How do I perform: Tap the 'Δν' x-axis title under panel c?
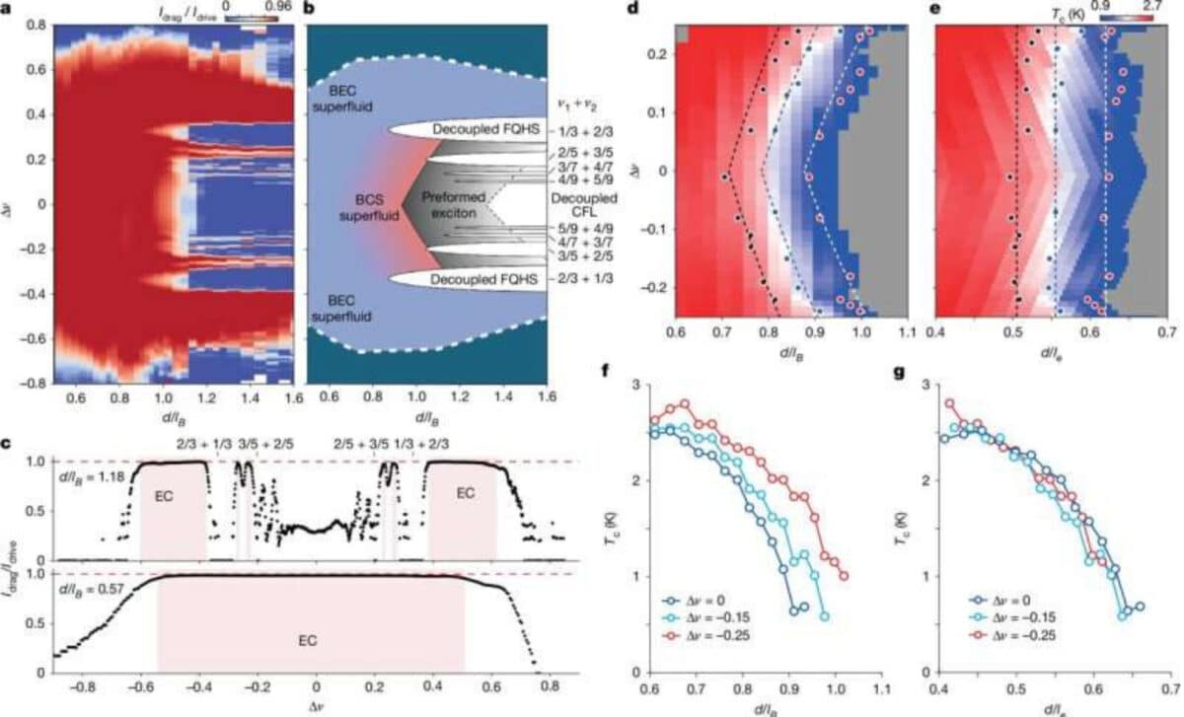(x=317, y=706)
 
